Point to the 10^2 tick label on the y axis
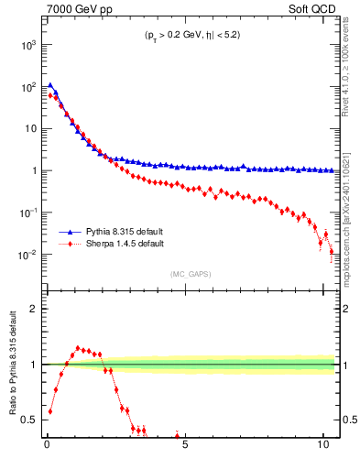coord(27,86)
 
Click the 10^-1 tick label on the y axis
coord(27,213)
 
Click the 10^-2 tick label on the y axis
coord(27,255)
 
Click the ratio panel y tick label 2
coord(35,309)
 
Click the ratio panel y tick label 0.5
coord(29,420)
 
